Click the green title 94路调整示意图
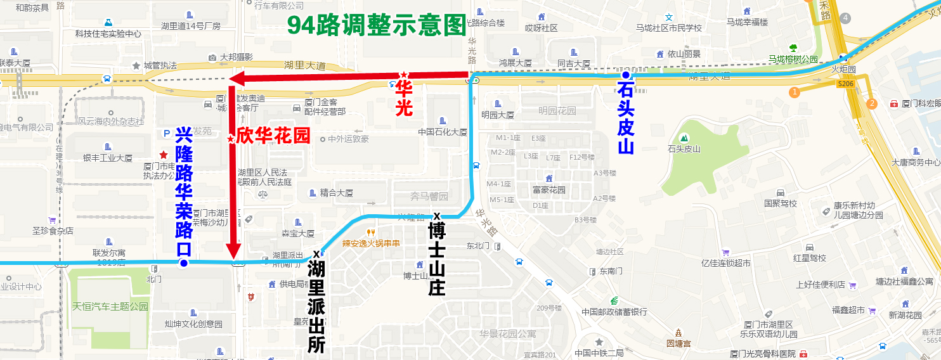[376, 25]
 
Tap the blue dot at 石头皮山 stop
[625, 75]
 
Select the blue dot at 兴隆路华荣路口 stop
[183, 263]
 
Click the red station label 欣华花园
[273, 136]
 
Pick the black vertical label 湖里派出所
[316, 307]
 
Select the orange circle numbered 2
[872, 104]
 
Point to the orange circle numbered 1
[794, 93]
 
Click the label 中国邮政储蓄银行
[614, 312]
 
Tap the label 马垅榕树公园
[793, 59]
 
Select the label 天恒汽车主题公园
[110, 306]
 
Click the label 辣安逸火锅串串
[371, 243]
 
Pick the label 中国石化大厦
[443, 132]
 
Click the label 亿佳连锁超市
[722, 263]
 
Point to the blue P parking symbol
[167, 133]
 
